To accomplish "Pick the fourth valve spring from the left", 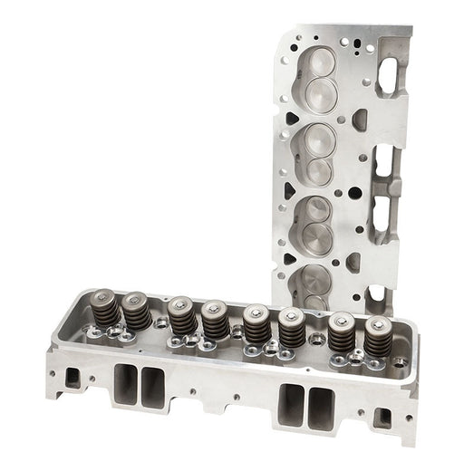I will pyautogui.click(x=216, y=321).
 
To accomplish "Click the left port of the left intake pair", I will pyautogui.click(x=126, y=384).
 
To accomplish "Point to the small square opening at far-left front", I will pyautogui.click(x=72, y=376).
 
